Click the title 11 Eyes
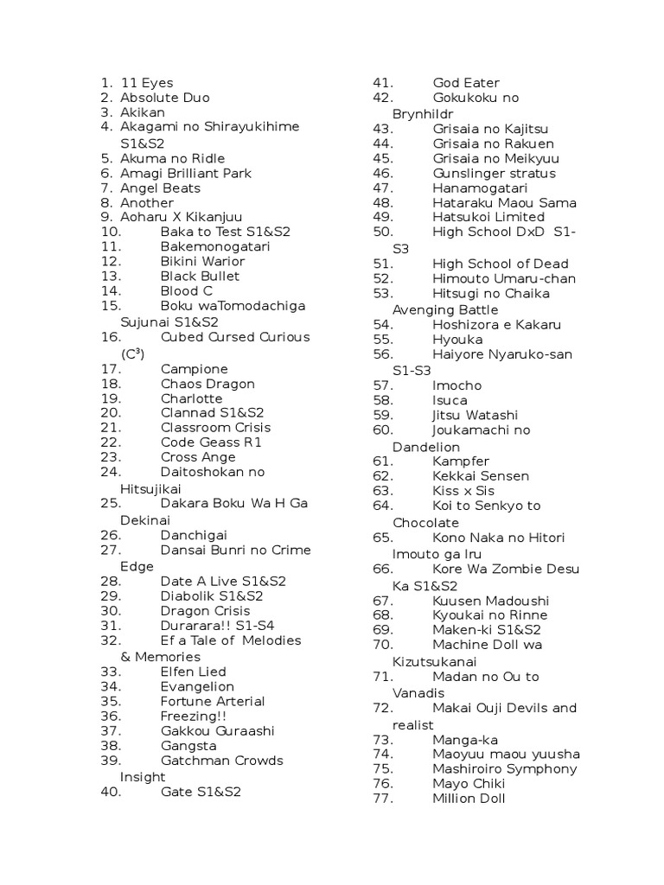pos(146,83)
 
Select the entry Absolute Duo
pos(164,98)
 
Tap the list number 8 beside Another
pos(106,202)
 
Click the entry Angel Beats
pos(160,188)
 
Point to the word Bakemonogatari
pos(215,246)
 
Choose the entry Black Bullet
pos(200,276)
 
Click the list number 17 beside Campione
pos(111,368)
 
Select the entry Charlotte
pos(191,398)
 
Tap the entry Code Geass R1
pos(211,442)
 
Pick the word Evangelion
pos(197,686)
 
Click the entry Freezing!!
pos(194,716)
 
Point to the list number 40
pos(111,791)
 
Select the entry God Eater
pos(466,83)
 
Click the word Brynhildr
pos(423,113)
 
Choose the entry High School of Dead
pos(501,264)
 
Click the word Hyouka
pos(457,340)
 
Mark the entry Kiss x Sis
pos(463,490)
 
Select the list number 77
pos(383,798)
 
